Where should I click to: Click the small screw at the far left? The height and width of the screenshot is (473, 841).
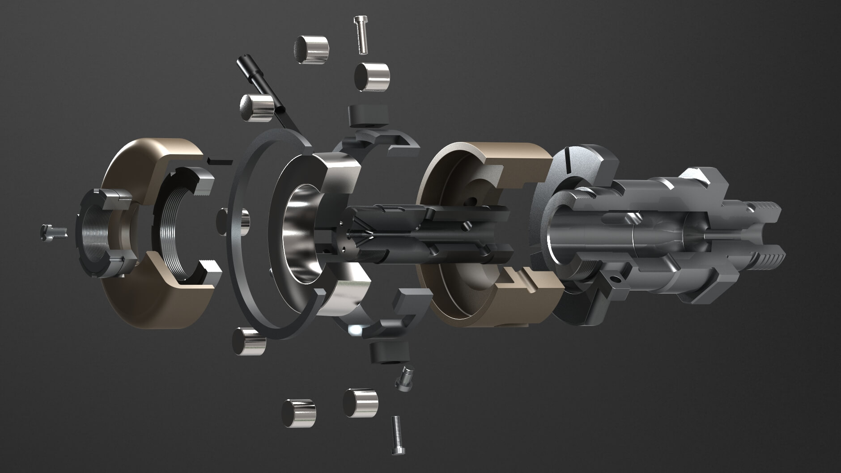click(x=52, y=232)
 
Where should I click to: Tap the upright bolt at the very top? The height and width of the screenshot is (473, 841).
click(x=361, y=35)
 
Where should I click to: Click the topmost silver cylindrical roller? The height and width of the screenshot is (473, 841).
click(x=311, y=50)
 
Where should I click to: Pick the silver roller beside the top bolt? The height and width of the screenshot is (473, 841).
click(x=372, y=77)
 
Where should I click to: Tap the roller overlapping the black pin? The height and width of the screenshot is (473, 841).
click(x=256, y=108)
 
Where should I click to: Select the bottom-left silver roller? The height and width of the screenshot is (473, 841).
click(x=298, y=413)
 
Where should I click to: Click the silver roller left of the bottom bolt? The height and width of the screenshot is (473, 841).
click(x=360, y=402)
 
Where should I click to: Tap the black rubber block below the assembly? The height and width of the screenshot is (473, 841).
click(x=390, y=352)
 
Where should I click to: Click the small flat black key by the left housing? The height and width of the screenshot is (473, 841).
click(x=220, y=160)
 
